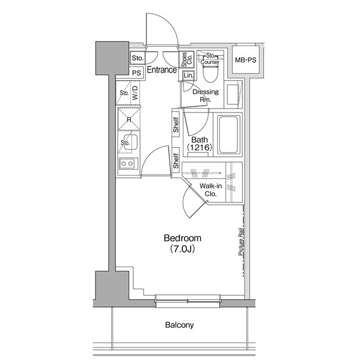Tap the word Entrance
coord(161,70)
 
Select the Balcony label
coord(179,325)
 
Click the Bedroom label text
coord(183,237)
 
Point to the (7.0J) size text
coord(183,248)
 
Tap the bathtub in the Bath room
coord(229,135)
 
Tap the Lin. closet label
coord(188,75)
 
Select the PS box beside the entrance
coord(137,73)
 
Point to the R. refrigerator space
coord(129,119)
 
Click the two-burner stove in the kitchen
coord(128,164)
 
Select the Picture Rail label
coord(240,242)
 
